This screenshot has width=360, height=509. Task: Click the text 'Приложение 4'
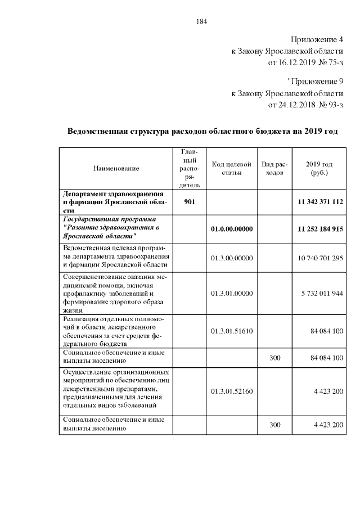coord(316,40)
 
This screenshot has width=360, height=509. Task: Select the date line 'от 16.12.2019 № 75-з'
coord(305,61)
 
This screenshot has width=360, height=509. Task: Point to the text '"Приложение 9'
coord(314,83)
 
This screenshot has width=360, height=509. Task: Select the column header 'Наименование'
coord(116,168)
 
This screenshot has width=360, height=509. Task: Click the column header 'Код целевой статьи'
coord(231,168)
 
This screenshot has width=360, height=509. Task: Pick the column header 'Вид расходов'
coord(274,168)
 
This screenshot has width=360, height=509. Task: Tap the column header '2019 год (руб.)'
coord(319,168)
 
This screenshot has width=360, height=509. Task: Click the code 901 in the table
coord(190,201)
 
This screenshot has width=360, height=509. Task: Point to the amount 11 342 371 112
coord(320,201)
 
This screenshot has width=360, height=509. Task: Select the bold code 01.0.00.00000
coord(231,229)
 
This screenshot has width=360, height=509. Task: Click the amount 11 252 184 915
coord(320,229)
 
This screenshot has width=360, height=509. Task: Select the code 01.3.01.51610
coord(231,331)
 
